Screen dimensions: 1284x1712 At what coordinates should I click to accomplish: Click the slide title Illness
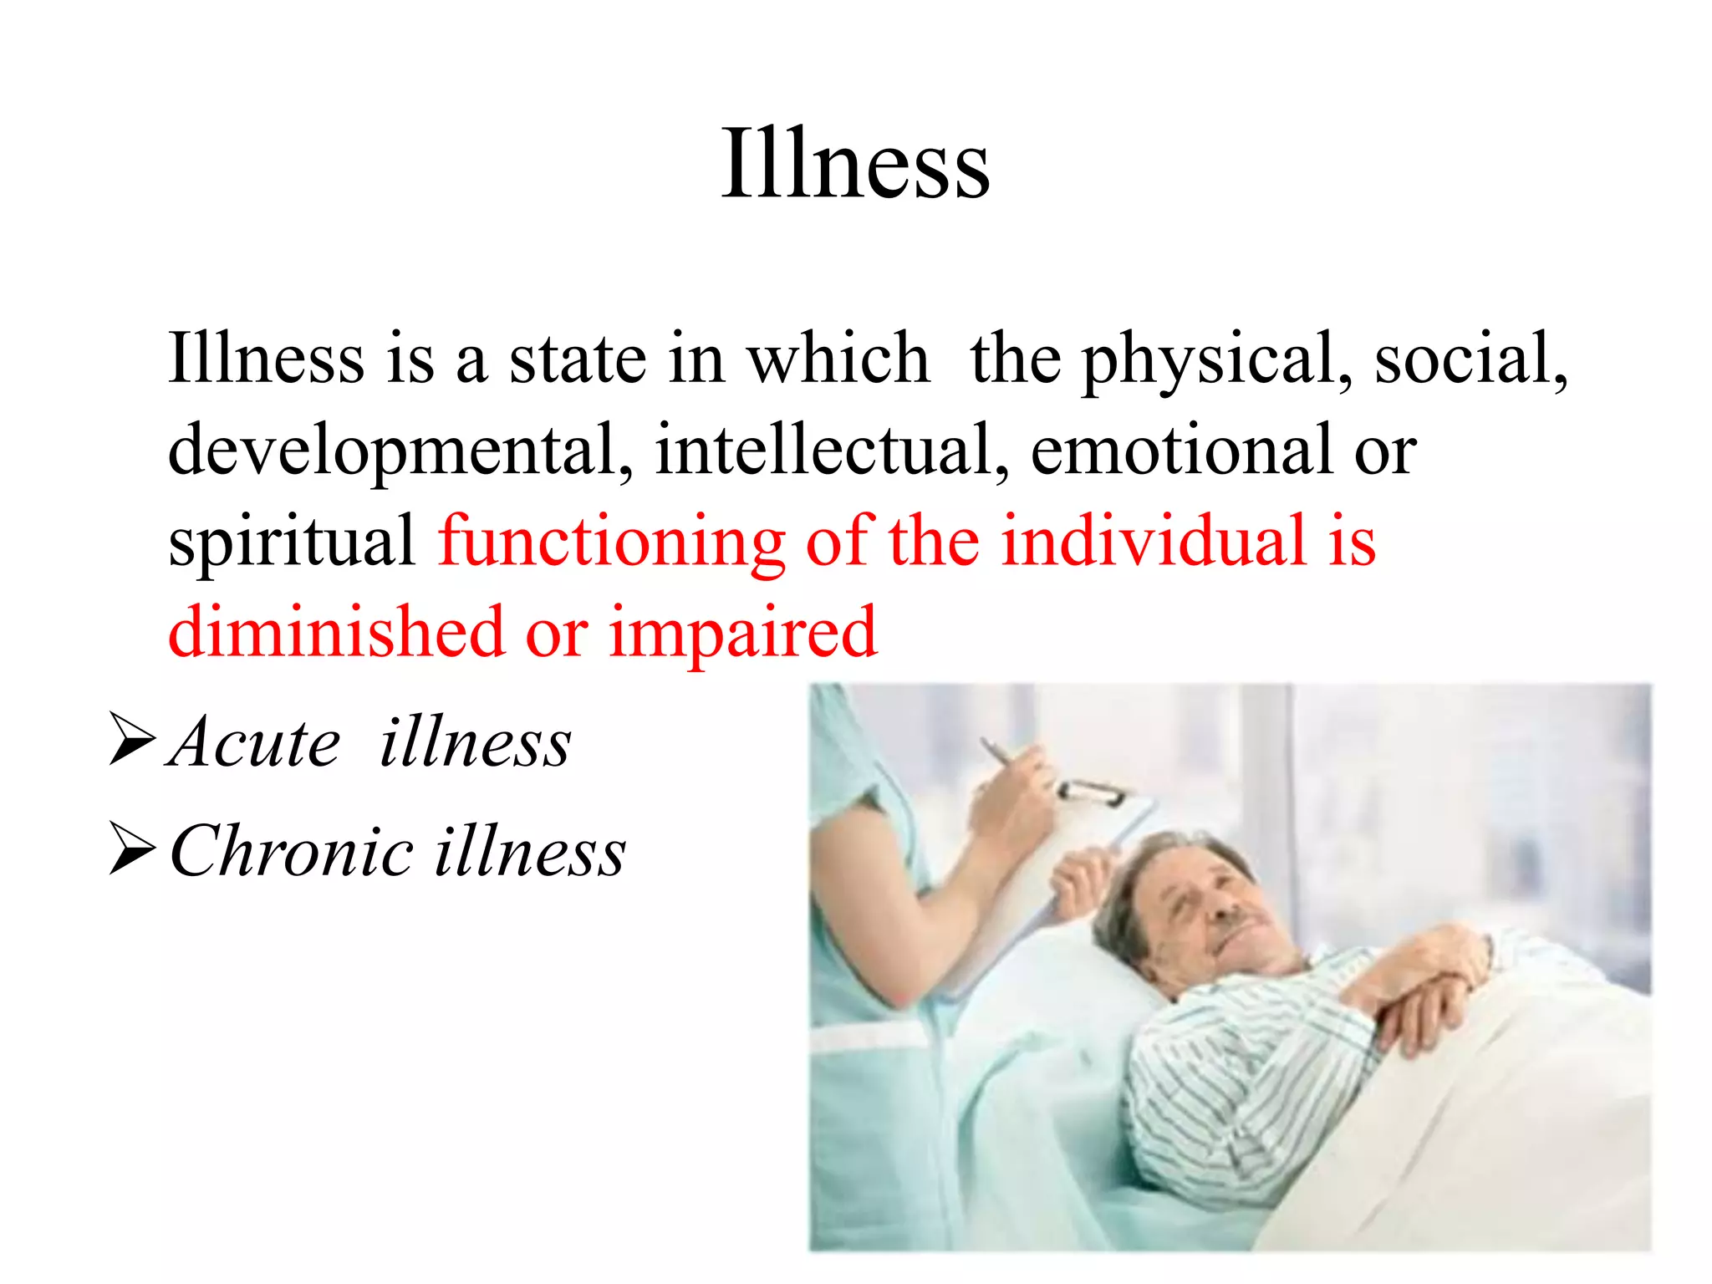[x=855, y=164]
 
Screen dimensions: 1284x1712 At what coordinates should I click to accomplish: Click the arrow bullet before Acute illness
[x=132, y=739]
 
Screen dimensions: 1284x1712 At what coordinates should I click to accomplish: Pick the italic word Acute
[x=254, y=742]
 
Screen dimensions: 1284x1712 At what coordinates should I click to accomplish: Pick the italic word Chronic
[x=292, y=851]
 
